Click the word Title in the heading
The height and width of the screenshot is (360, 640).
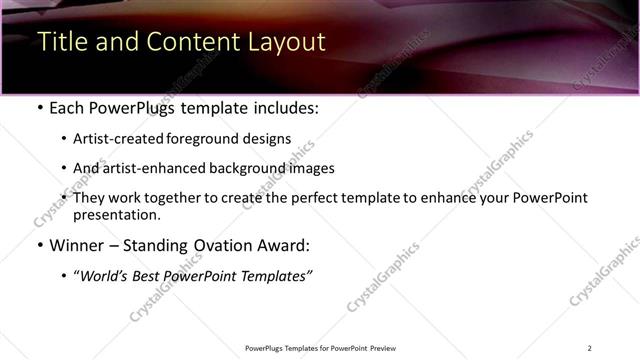click(x=60, y=42)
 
